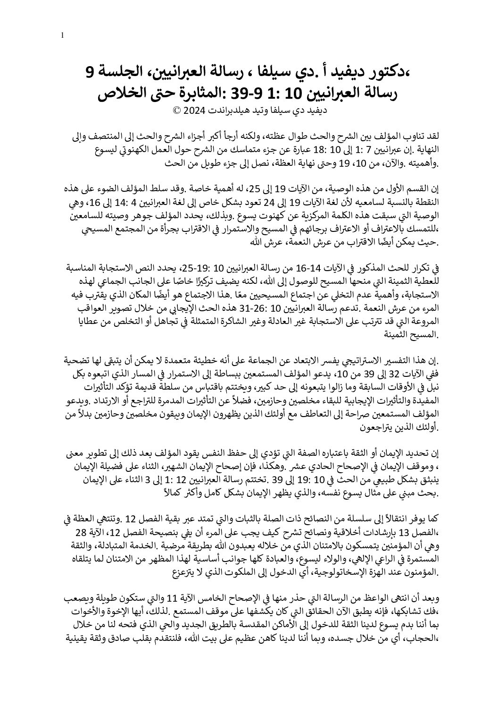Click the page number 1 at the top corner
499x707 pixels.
click(x=62, y=35)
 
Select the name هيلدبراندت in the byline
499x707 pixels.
click(x=225, y=112)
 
